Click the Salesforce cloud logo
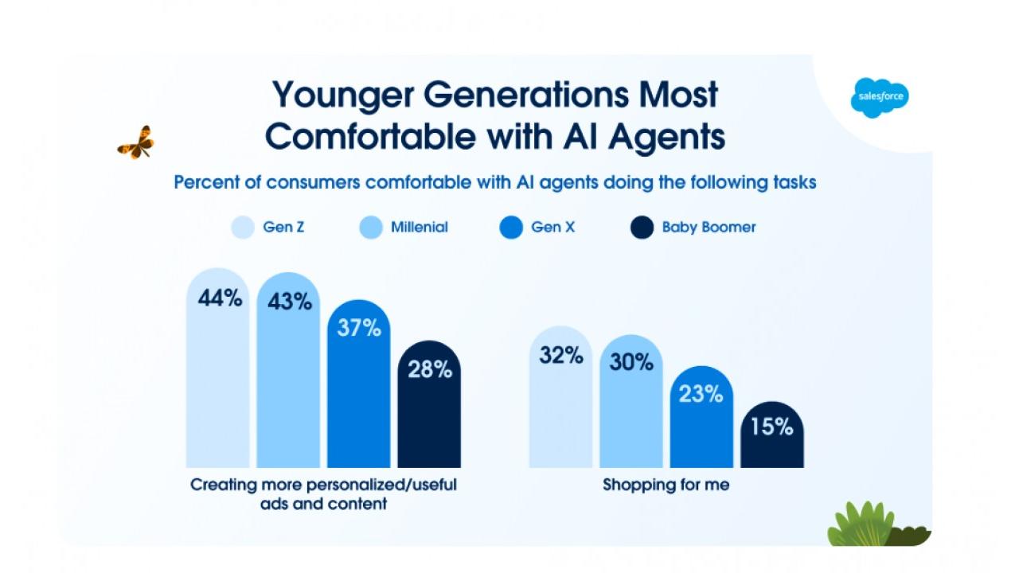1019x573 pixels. pyautogui.click(x=879, y=98)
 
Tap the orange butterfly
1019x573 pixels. pyautogui.click(x=136, y=143)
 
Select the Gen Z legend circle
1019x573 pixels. pyautogui.click(x=243, y=228)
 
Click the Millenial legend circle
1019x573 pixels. pyautogui.click(x=370, y=228)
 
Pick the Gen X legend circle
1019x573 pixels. pyautogui.click(x=510, y=228)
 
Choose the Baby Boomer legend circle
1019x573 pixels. pyautogui.click(x=642, y=228)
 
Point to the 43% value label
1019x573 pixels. pyautogui.click(x=290, y=302)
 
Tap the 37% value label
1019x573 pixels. pyautogui.click(x=359, y=327)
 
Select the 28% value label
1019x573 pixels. pyautogui.click(x=430, y=369)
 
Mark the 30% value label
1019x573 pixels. pyautogui.click(x=631, y=362)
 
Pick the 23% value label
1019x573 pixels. pyautogui.click(x=701, y=394)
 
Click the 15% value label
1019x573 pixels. pyautogui.click(x=771, y=427)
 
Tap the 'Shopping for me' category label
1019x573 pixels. pyautogui.click(x=666, y=484)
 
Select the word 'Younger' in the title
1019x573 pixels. pyautogui.click(x=342, y=95)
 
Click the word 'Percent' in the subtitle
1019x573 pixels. pyautogui.click(x=208, y=182)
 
